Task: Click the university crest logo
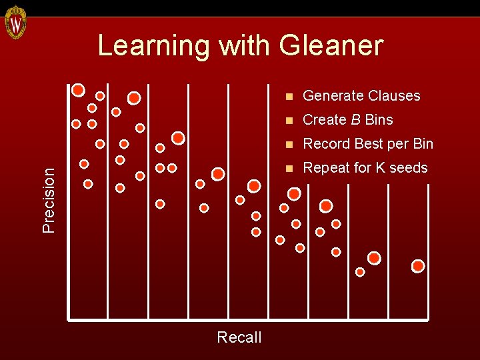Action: pyautogui.click(x=15, y=23)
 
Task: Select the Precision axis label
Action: pyautogui.click(x=49, y=199)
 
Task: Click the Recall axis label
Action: pyautogui.click(x=239, y=337)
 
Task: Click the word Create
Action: pyautogui.click(x=324, y=120)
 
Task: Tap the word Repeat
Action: pyautogui.click(x=325, y=168)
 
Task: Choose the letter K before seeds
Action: pyautogui.click(x=381, y=168)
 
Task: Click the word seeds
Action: pyautogui.click(x=409, y=168)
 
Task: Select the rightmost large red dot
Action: pyautogui.click(x=418, y=266)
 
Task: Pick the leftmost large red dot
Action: pyautogui.click(x=78, y=89)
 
